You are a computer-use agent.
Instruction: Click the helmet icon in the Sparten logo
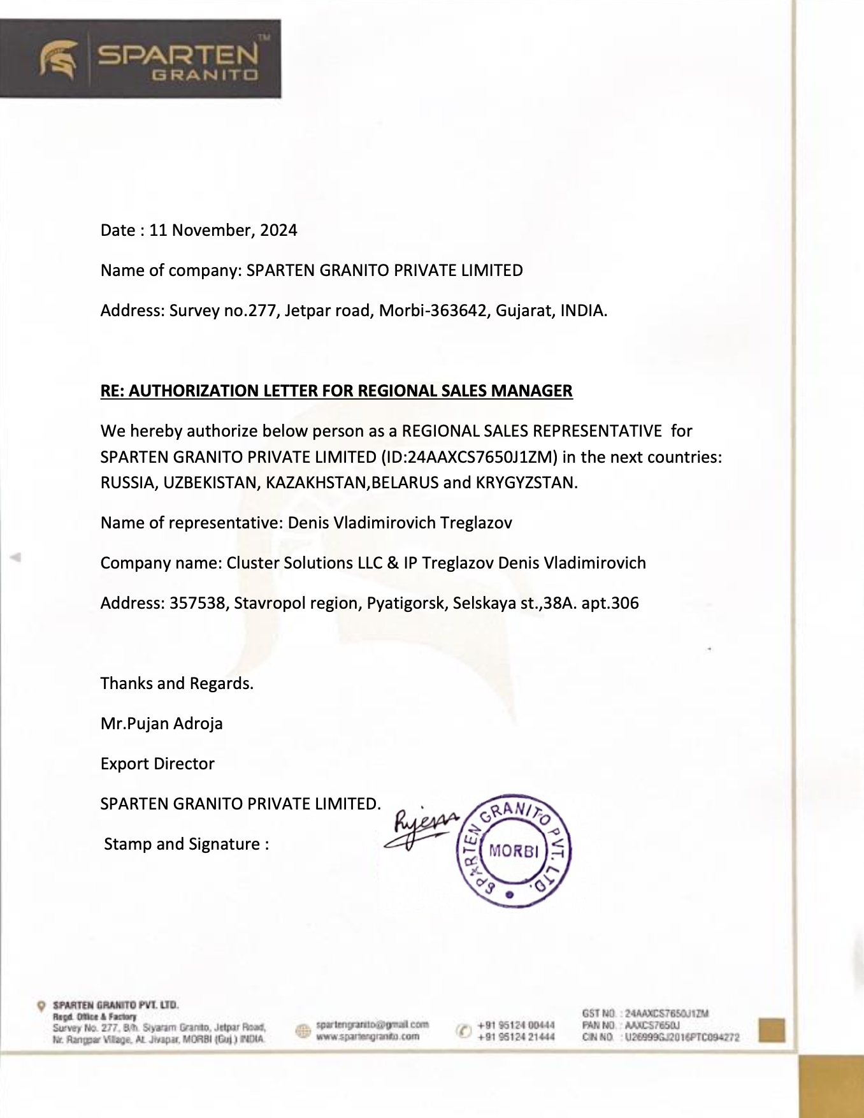pos(59,59)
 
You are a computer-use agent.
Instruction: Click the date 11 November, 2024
pos(223,230)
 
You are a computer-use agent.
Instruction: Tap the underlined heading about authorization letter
pos(336,391)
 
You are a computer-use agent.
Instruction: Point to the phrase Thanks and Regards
pos(177,683)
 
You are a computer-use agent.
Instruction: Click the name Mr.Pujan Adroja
pos(162,723)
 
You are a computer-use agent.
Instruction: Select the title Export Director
pos(157,764)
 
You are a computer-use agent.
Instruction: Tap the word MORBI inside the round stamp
pos(514,851)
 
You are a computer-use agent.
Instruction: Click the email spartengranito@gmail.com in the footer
pos(372,1025)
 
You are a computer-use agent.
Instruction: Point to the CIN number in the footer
pos(682,1037)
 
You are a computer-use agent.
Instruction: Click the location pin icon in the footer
pos(41,1006)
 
